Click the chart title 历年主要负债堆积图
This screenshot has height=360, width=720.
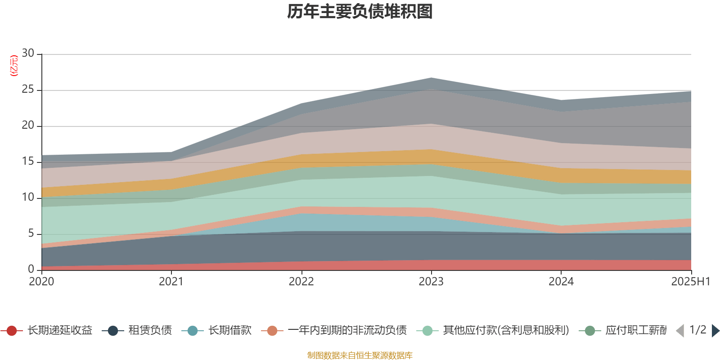coord(360,12)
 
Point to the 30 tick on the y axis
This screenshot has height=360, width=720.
coord(28,54)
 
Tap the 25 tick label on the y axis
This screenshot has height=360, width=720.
coord(28,90)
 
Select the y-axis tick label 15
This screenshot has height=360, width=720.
coord(28,162)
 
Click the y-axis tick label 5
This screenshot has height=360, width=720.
coord(31,234)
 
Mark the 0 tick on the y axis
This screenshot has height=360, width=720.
coord(31,269)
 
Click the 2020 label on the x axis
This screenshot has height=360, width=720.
coord(41,282)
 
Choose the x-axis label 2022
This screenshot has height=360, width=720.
coord(301,282)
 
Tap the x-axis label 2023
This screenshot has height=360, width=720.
coord(431,282)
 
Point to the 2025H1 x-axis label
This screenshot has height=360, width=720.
coord(690,282)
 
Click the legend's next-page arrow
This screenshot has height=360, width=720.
coord(715,331)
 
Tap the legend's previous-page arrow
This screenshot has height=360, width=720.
coord(680,331)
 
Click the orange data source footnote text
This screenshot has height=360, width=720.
coord(360,355)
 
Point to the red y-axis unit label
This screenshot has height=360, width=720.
coord(14,66)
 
